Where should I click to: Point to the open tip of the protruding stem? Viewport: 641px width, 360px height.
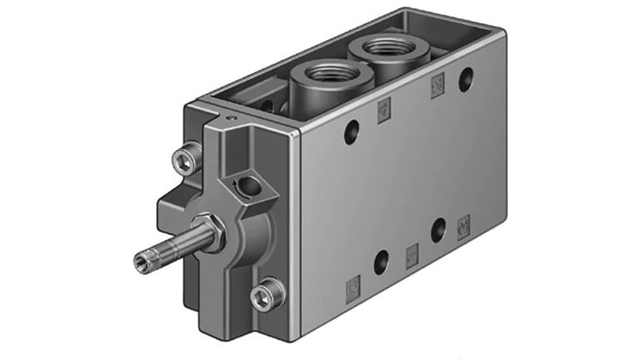point(141,257)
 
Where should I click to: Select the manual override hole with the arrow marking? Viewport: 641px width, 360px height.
point(250,187)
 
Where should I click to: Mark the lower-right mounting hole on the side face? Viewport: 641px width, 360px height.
point(438,230)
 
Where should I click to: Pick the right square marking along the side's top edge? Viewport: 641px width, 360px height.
point(437,84)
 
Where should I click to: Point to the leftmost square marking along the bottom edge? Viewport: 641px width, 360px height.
point(351,285)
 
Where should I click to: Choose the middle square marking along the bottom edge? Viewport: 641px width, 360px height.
point(412,253)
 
